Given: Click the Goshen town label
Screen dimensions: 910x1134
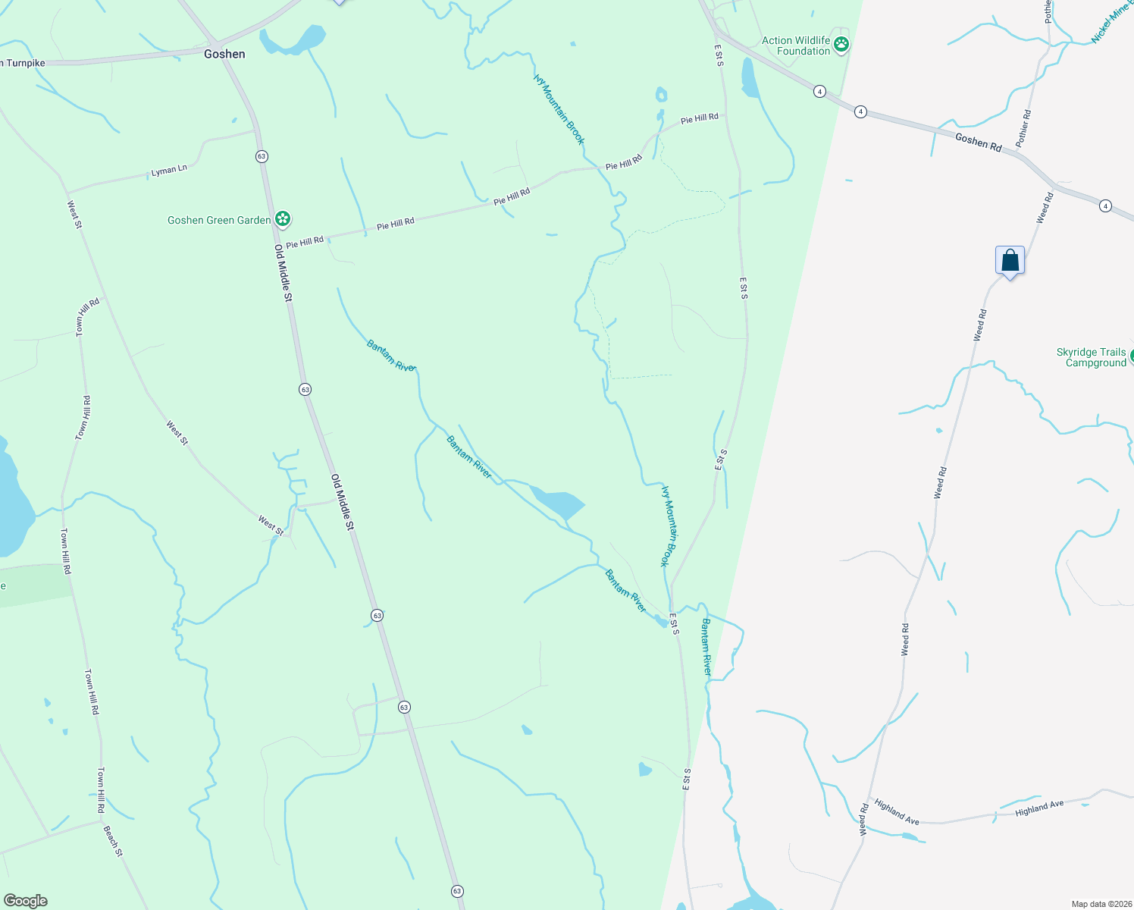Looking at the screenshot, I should coord(224,54).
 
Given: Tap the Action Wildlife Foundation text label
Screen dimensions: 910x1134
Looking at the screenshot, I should coord(796,46).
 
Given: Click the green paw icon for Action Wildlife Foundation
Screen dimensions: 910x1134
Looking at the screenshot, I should coord(841,45).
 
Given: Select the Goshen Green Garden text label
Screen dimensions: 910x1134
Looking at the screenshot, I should coord(219,220).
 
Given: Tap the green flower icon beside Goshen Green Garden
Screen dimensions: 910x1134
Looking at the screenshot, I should coord(283,220).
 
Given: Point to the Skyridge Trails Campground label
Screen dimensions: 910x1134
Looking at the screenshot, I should coord(1092,358).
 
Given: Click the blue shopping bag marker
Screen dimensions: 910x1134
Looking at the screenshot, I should coord(1010,261).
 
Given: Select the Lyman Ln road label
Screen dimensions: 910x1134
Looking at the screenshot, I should coord(169,171).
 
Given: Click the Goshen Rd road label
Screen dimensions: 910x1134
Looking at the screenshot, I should coord(978,142).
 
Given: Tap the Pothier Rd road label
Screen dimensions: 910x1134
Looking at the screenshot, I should coord(1023,128).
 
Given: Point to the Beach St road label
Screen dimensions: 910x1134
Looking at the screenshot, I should coord(113,841).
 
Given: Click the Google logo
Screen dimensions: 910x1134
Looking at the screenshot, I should coord(25,901).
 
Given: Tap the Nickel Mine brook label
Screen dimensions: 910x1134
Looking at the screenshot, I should coord(1111,26).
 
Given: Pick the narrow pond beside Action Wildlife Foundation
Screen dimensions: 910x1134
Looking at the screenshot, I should coord(749,80).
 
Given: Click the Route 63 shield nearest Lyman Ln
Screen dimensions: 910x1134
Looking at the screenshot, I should coord(262,156).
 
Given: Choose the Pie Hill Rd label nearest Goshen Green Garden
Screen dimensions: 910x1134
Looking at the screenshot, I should coord(305,242).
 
